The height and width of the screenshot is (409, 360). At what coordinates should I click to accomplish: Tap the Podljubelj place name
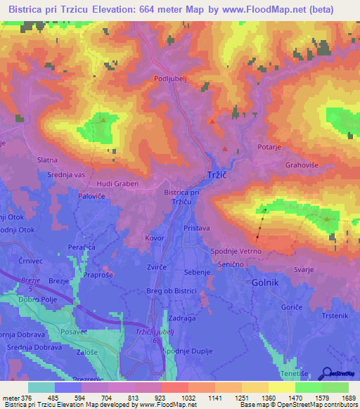pyautogui.click(x=172, y=79)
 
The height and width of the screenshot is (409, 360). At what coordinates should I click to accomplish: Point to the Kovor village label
pyautogui.click(x=155, y=238)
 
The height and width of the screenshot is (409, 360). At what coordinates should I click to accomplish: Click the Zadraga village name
pyautogui.click(x=181, y=318)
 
